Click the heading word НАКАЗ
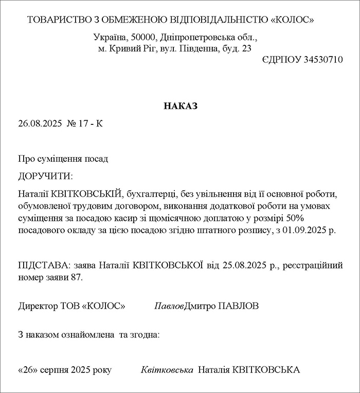coord(180,106)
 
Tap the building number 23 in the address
coord(246,49)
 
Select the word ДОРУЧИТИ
coord(45,176)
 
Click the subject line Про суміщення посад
coord(63,159)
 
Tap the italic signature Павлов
coord(169,306)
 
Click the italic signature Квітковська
coord(167,370)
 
